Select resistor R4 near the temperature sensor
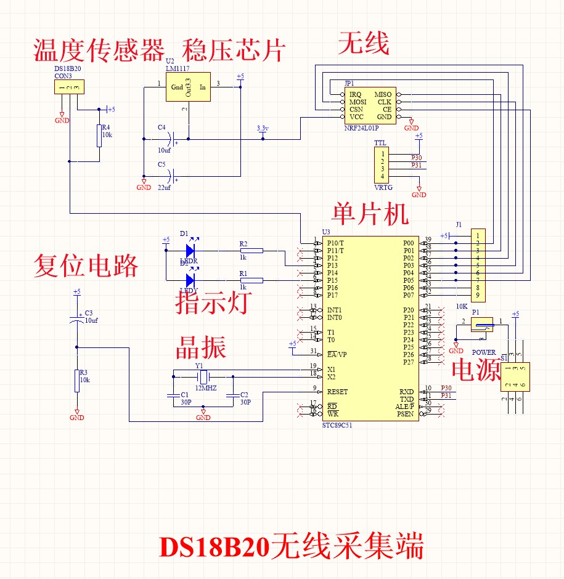pyautogui.click(x=99, y=136)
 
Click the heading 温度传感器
pyautogui.click(x=99, y=51)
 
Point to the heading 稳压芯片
pyautogui.click(x=234, y=51)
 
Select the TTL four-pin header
pyautogui.click(x=382, y=165)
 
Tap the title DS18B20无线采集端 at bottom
pyautogui.click(x=292, y=546)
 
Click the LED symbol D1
pyautogui.click(x=190, y=251)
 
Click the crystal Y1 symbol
pyautogui.click(x=203, y=376)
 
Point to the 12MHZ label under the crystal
pyautogui.click(x=206, y=388)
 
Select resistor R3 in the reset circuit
pyautogui.click(x=77, y=381)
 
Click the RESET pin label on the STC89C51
pyautogui.click(x=337, y=392)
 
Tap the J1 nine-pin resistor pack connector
pyautogui.click(x=478, y=265)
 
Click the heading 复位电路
pyautogui.click(x=86, y=266)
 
